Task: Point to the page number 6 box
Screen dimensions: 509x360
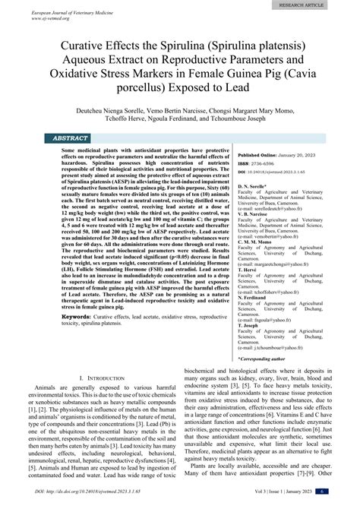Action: pos(344,502)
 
